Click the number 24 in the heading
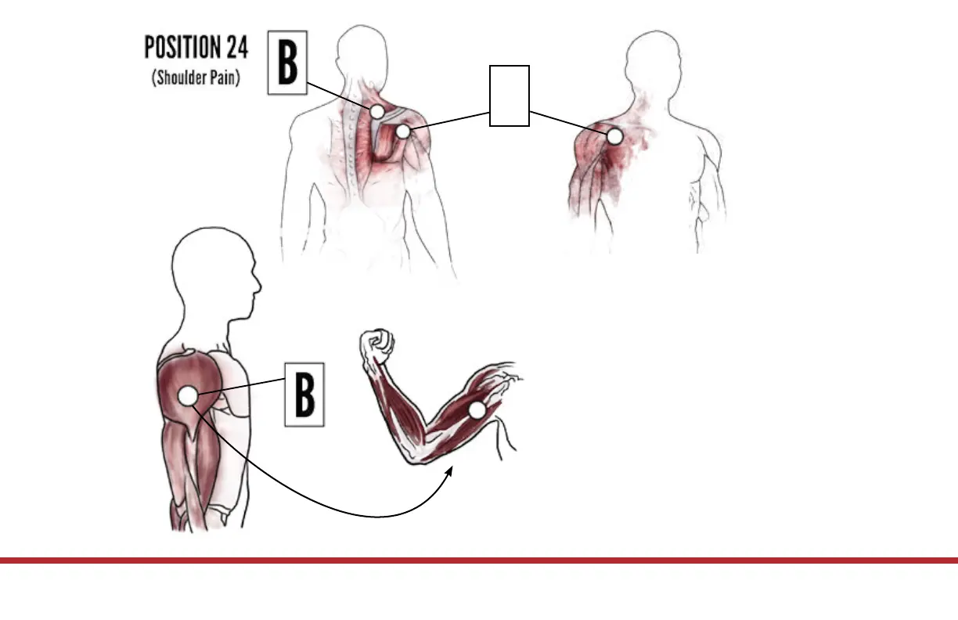click(236, 48)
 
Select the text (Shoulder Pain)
click(196, 79)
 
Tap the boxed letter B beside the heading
click(288, 63)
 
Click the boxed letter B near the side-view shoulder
click(304, 395)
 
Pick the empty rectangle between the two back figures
click(510, 96)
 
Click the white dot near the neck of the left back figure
click(377, 111)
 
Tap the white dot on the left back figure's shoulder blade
click(402, 132)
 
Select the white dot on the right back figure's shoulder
click(615, 136)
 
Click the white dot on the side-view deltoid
click(188, 396)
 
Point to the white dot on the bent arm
click(477, 409)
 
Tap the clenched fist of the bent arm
click(376, 343)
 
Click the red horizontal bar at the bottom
click(479, 561)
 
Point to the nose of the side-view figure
click(259, 283)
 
